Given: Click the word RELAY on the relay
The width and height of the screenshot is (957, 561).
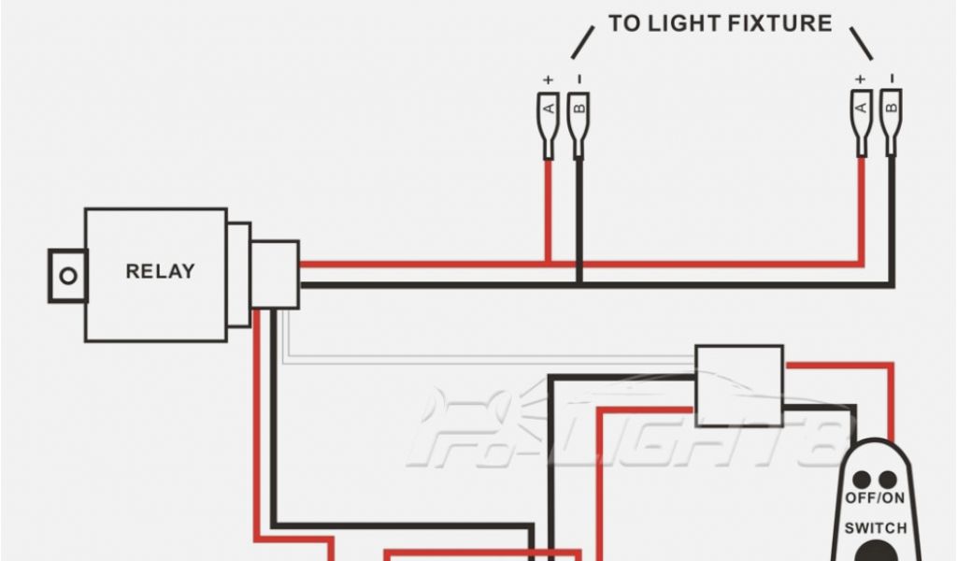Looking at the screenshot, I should [x=161, y=272].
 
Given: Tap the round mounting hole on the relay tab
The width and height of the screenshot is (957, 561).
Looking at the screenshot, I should [x=66, y=276].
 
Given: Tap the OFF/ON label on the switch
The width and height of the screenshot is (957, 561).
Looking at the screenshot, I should [x=875, y=498].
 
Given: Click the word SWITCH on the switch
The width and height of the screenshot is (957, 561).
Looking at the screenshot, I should [x=876, y=528].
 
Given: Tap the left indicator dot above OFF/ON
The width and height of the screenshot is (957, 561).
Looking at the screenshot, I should [x=861, y=480].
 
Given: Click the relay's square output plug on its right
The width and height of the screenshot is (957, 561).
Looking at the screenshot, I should [x=276, y=274].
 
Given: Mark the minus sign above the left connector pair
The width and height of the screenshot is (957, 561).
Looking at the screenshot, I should [x=579, y=79].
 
